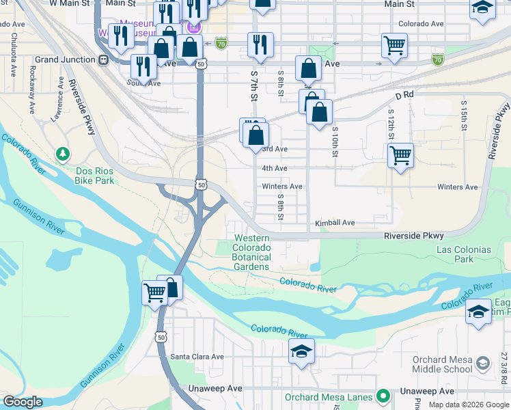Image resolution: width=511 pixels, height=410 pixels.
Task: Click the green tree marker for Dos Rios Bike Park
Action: coord(63,152)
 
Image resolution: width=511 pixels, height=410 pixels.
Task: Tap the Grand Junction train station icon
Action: coord(103,59)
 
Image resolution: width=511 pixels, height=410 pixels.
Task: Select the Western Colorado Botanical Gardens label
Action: coord(251,252)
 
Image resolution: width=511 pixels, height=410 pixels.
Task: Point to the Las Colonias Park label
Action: coord(464,254)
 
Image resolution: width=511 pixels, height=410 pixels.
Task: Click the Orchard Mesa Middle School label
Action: coord(442,364)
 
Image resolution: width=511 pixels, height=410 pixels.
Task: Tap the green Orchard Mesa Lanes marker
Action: coord(383,396)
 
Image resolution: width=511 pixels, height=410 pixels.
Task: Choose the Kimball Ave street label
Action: coord(334,223)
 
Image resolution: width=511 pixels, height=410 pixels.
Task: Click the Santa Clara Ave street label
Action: coord(197,356)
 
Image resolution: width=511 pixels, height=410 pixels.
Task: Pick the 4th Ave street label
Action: coord(274,168)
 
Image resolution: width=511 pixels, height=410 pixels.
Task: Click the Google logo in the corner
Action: coord(23,402)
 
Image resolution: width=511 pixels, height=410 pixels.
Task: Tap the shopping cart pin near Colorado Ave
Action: coord(395,46)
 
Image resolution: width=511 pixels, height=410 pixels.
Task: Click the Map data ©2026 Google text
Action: coord(468,405)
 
